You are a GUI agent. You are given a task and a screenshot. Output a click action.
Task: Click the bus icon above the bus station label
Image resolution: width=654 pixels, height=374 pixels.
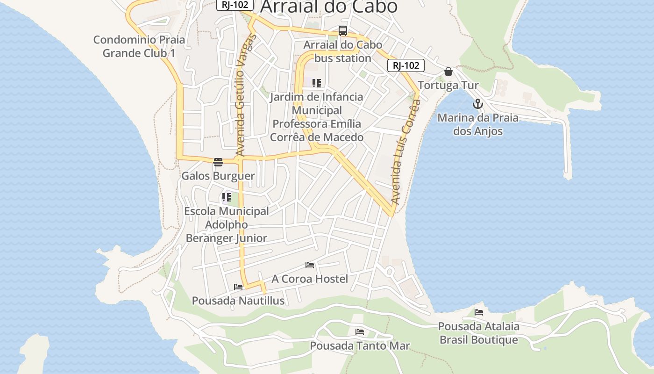(343, 31)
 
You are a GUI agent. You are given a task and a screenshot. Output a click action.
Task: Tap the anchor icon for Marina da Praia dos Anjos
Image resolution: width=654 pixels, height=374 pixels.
(477, 104)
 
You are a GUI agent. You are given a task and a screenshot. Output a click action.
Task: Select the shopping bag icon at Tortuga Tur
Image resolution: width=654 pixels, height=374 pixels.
(448, 72)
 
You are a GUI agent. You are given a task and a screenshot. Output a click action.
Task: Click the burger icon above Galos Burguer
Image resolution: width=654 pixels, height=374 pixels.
(218, 162)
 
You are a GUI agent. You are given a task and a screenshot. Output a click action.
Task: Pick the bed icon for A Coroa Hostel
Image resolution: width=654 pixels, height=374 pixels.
(309, 265)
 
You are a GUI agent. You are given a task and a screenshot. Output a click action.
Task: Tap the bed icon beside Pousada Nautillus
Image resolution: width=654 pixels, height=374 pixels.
(238, 287)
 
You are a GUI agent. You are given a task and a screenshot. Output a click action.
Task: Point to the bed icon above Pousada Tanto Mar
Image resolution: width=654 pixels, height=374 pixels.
(360, 332)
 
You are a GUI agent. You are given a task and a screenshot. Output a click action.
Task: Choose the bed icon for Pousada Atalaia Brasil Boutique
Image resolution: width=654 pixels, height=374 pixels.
(479, 312)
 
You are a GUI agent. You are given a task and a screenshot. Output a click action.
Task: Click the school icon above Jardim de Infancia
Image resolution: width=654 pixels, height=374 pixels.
(317, 83)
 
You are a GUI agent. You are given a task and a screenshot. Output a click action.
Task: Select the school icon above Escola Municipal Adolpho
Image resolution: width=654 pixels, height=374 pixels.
(227, 197)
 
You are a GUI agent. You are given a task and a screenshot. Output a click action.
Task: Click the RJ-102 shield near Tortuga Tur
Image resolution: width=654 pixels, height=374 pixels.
(405, 65)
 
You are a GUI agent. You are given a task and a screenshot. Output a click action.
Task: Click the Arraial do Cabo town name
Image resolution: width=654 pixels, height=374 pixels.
(329, 7)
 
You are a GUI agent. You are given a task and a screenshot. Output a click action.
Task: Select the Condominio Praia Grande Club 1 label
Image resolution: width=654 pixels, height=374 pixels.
(139, 46)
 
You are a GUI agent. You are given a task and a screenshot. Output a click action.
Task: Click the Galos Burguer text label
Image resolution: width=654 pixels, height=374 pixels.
(218, 176)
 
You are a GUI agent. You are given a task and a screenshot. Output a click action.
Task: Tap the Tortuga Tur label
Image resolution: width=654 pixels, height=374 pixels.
(448, 86)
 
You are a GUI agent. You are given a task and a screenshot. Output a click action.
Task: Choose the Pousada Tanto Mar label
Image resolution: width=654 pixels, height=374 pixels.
(360, 346)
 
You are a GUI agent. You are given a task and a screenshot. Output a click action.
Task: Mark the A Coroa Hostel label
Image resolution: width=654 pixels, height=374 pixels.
(310, 279)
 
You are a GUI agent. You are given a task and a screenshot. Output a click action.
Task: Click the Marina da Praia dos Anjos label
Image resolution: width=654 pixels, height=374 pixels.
(477, 124)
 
